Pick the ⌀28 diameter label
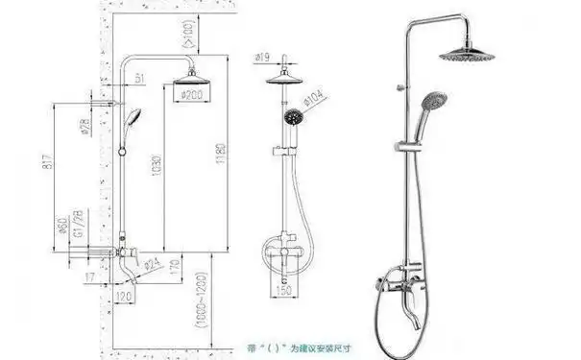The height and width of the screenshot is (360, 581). [85, 128]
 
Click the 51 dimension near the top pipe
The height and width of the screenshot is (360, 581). [139, 76]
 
